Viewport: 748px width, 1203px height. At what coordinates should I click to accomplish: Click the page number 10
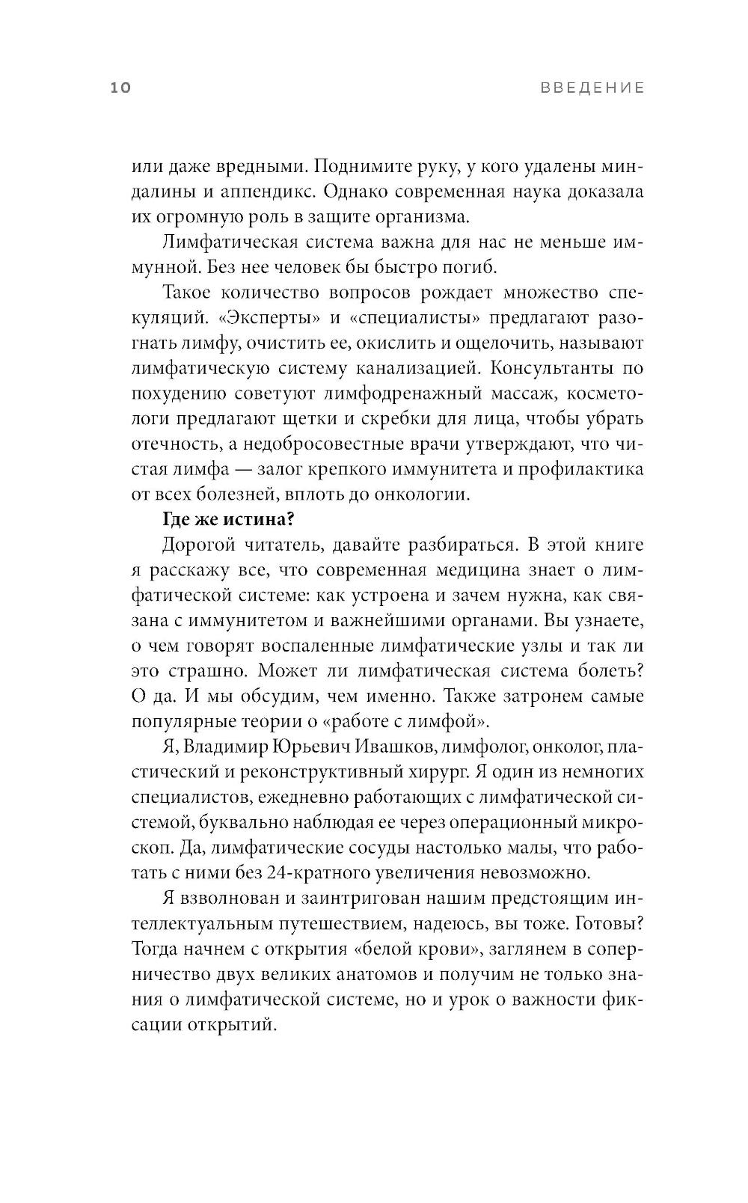pos(120,88)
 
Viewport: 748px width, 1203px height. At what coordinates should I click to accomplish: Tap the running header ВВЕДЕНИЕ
pos(592,88)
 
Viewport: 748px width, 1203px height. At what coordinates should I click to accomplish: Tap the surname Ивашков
pos(407,747)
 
